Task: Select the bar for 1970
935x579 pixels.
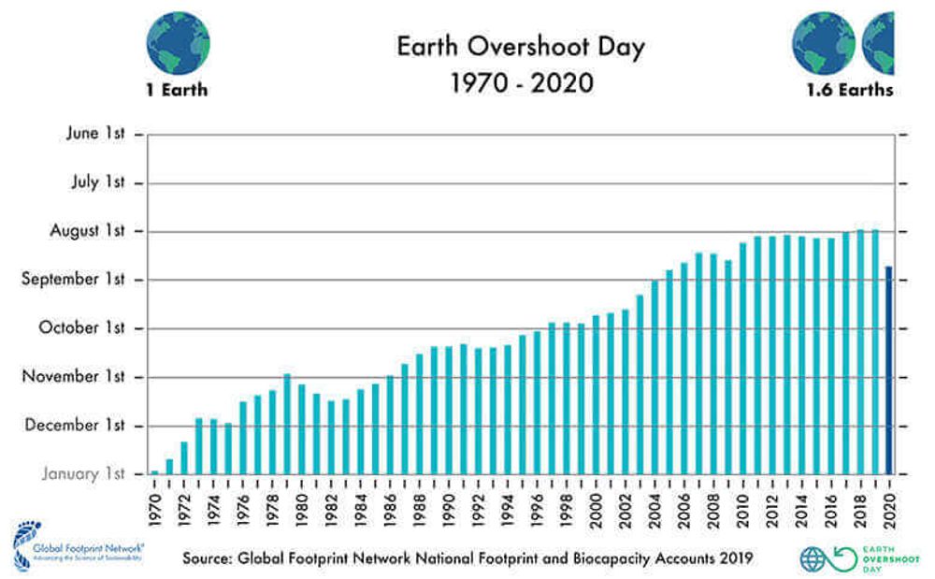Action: coord(155,472)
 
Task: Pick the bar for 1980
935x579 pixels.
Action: coord(302,429)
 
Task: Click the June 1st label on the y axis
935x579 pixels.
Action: coord(95,134)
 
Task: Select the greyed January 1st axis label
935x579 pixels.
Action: coord(83,474)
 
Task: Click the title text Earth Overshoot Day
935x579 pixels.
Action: coord(521,48)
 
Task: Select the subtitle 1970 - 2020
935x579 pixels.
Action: coord(521,83)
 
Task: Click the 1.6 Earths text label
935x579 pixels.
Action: coord(849,91)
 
